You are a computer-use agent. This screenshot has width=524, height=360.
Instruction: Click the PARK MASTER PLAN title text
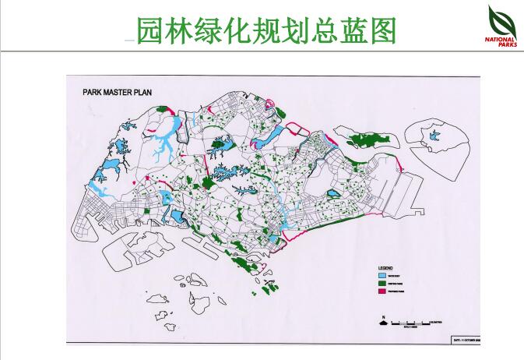(x=117, y=91)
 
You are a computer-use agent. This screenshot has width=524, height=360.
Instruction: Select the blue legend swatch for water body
(x=382, y=275)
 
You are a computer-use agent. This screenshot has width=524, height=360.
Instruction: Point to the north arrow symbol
(x=384, y=319)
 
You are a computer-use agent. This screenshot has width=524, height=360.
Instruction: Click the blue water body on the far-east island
(x=434, y=136)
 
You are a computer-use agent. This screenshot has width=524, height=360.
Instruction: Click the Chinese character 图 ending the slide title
(x=382, y=30)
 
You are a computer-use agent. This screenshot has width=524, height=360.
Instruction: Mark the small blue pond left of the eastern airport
(x=332, y=193)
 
